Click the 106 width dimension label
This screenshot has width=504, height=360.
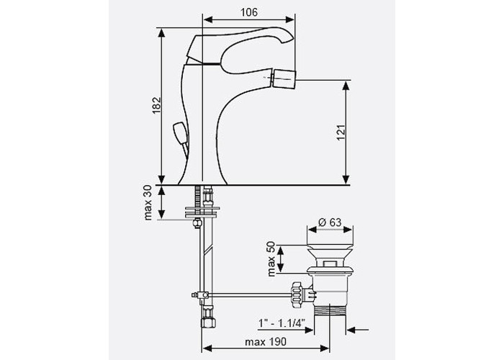pos(249,12)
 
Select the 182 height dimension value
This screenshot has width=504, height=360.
pos(156,105)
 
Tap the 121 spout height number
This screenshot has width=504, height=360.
pos(341,132)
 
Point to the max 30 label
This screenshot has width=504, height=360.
pos(148,202)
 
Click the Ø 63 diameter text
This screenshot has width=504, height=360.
pos(330,222)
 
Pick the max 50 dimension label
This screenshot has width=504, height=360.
pos(271,258)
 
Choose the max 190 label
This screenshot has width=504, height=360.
pos(266,342)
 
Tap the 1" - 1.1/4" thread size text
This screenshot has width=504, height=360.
pos(282,323)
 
